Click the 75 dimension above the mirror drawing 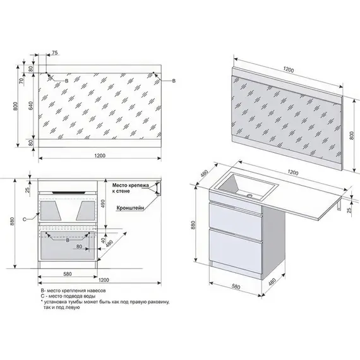[x=54, y=53]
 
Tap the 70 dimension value [x=21, y=81]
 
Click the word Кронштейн [x=130, y=208]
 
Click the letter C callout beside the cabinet [x=25, y=220]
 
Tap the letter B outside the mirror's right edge [x=174, y=81]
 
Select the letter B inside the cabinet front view [x=68, y=241]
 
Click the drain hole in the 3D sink [x=249, y=196]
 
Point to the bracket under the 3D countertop [x=339, y=205]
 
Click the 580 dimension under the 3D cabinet [x=236, y=287]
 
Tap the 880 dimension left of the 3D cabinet [x=193, y=225]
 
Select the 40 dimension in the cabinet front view [x=103, y=241]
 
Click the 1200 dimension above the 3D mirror [x=289, y=69]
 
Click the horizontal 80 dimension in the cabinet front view [x=79, y=246]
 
